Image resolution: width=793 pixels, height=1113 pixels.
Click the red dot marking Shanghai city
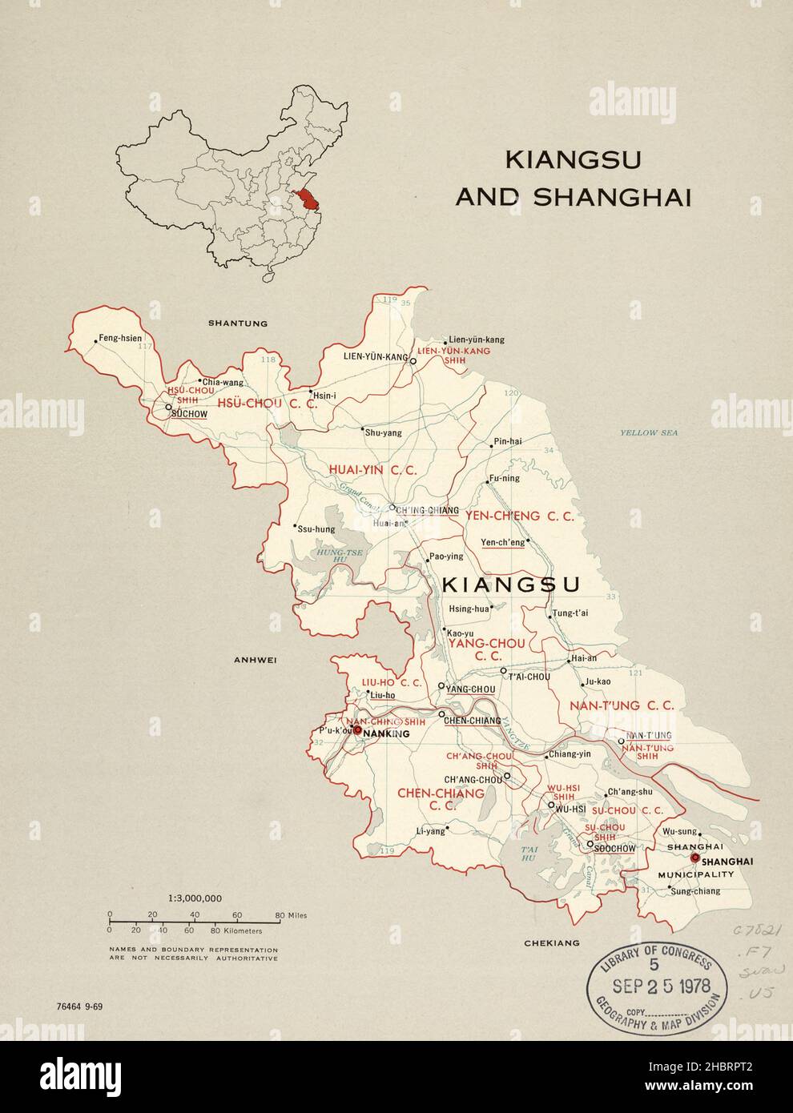[x=694, y=858]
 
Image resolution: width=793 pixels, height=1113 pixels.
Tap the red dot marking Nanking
[x=358, y=730]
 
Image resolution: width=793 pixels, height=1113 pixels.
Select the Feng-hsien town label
[x=121, y=338]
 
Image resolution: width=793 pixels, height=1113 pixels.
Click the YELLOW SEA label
[x=649, y=432]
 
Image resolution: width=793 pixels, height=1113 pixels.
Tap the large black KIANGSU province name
[x=511, y=585]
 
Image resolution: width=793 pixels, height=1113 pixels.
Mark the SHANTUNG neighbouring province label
[x=237, y=323]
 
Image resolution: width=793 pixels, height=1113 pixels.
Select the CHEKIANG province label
[x=551, y=943]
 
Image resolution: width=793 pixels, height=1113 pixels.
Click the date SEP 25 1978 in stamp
[x=658, y=983]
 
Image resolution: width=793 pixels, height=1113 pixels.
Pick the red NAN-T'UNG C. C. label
[x=622, y=705]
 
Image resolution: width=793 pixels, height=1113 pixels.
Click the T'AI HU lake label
[x=527, y=853]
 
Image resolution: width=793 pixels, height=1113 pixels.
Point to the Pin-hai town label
[x=508, y=441]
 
